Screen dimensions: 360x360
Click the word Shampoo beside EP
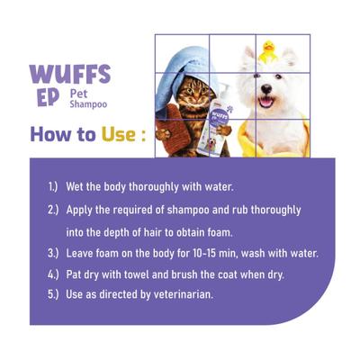[87, 104]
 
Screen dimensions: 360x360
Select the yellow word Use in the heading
[113, 135]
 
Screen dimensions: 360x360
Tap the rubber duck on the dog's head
[268, 52]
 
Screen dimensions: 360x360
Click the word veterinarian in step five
[185, 295]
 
